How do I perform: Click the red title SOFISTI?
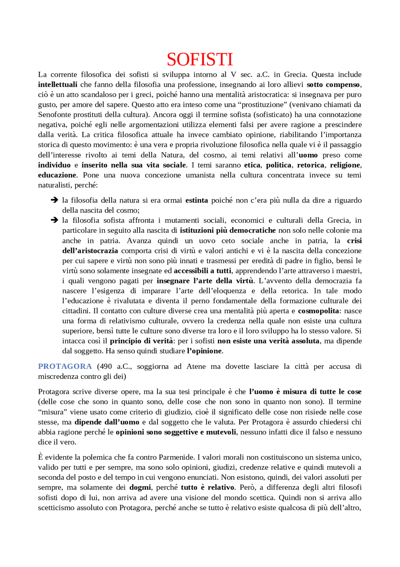point(200,59)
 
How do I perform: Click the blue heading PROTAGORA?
point(65,366)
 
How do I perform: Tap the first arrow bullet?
point(54,200)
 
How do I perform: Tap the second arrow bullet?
point(54,220)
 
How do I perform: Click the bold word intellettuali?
point(57,85)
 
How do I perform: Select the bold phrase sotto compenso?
point(333,85)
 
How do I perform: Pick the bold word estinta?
point(197,200)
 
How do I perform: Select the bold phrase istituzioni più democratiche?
point(228,230)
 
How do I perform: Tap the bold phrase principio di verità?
point(141,341)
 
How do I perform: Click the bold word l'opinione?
point(204,351)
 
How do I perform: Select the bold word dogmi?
point(140,487)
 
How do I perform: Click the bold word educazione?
point(57,175)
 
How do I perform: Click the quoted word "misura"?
point(52,412)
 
